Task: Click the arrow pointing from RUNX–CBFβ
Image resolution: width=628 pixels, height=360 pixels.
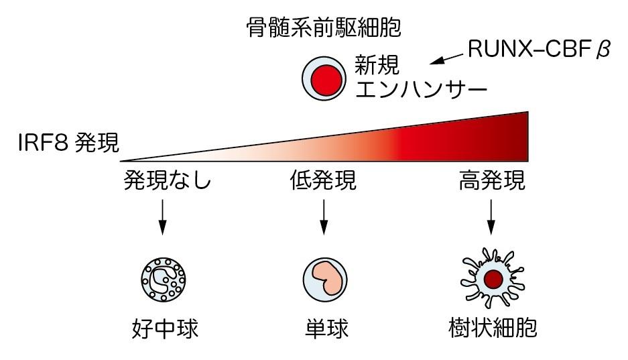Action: pos(446,60)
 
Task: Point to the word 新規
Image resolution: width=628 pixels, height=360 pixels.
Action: pos(377,66)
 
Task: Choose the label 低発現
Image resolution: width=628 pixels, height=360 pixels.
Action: pos(324,180)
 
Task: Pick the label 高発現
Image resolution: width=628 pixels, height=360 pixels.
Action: pos(491,180)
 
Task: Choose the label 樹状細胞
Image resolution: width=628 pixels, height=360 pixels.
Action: pos(493,329)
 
